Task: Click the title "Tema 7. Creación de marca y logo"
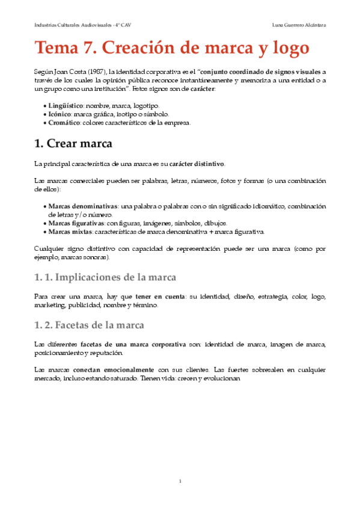coord(171,47)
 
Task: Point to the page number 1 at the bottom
coord(180,481)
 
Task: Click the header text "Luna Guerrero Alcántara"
coord(299,25)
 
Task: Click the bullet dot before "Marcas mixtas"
coord(44,232)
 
